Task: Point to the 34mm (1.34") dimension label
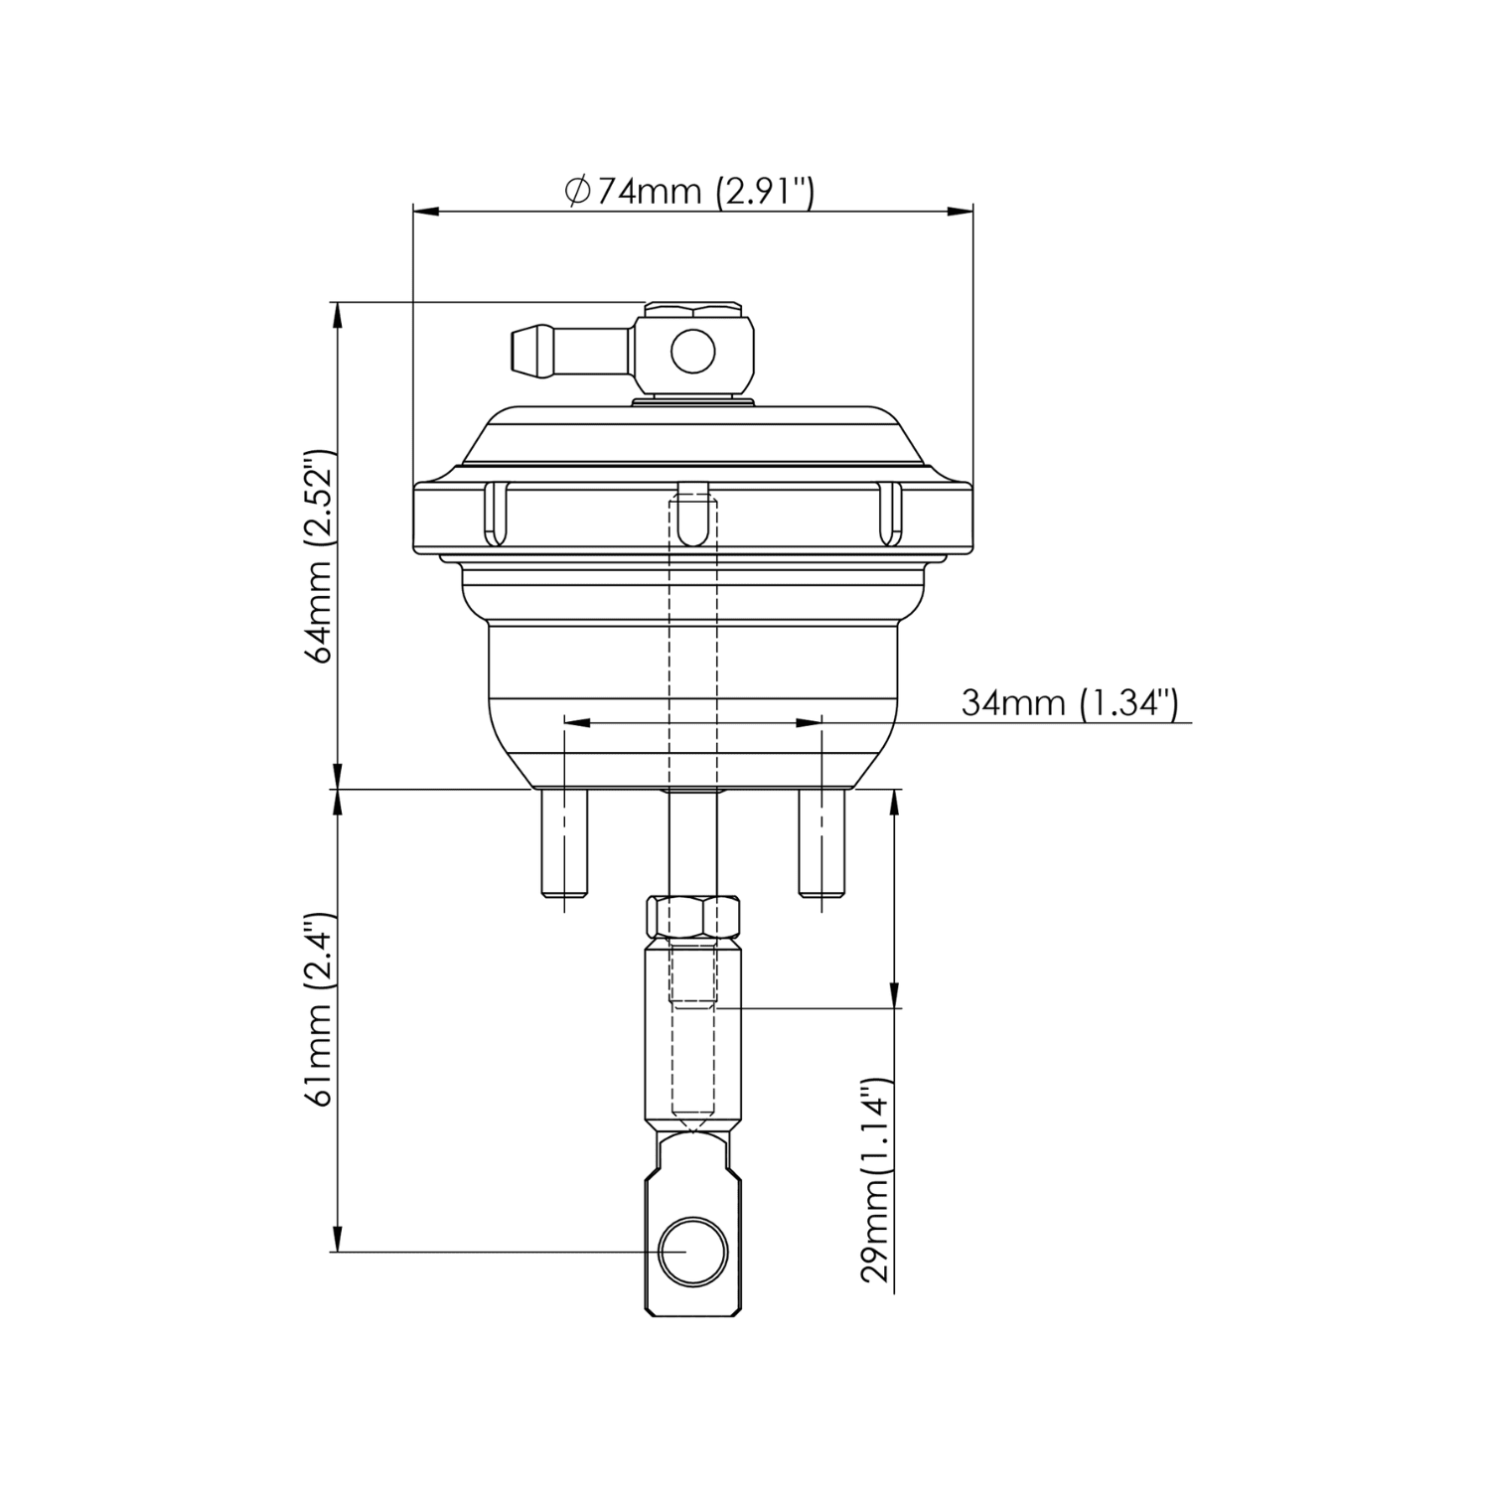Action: tap(1069, 703)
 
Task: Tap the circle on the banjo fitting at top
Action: tap(692, 351)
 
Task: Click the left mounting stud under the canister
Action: tap(563, 844)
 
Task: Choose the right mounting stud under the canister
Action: tap(822, 844)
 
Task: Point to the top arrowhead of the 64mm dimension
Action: tap(338, 314)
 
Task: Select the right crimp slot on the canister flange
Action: tap(889, 514)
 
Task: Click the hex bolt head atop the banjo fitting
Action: tap(692, 307)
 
